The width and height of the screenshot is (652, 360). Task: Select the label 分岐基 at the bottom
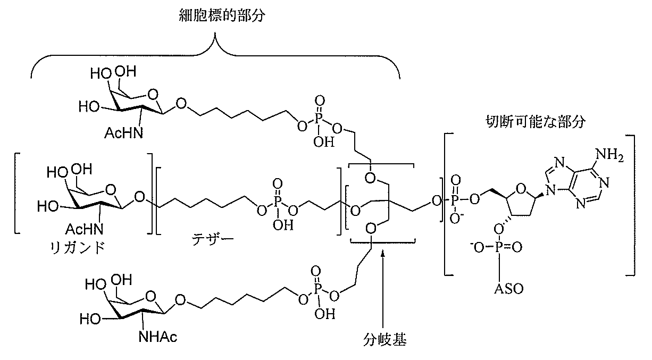(382, 337)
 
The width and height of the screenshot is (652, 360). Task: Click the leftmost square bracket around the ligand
(17, 193)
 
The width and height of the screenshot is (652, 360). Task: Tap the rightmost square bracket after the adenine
(631, 205)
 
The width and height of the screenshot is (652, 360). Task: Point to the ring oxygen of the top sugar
(152, 96)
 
